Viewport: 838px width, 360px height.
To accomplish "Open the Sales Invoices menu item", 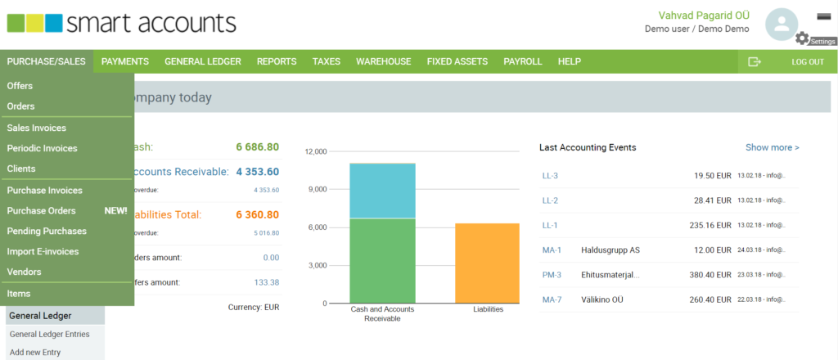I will [x=37, y=128].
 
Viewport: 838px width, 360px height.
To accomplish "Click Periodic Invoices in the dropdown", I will [x=42, y=148].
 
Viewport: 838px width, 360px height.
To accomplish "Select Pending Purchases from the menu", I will [x=47, y=231].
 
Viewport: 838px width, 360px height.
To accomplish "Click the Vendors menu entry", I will [x=24, y=272].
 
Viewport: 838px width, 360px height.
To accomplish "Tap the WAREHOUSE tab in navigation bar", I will [x=383, y=61].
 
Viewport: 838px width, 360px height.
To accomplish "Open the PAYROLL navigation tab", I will [x=523, y=61].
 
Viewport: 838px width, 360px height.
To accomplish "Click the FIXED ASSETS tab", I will [x=457, y=61].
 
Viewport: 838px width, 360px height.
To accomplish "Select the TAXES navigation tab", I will [x=326, y=61].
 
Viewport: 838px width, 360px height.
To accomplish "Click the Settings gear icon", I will [x=802, y=38].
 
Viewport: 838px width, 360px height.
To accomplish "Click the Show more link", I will [x=772, y=147].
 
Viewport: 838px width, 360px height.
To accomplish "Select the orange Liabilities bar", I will [x=487, y=263].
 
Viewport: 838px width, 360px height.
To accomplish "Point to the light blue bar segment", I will [x=382, y=191].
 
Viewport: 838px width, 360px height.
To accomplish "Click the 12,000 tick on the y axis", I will [x=315, y=151].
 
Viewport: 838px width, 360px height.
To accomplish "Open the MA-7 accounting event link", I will [x=552, y=299].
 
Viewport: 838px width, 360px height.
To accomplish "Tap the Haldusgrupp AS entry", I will [x=610, y=250].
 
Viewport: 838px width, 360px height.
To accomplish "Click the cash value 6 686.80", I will [x=257, y=147].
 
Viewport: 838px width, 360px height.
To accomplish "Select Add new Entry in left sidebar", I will [x=35, y=353].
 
